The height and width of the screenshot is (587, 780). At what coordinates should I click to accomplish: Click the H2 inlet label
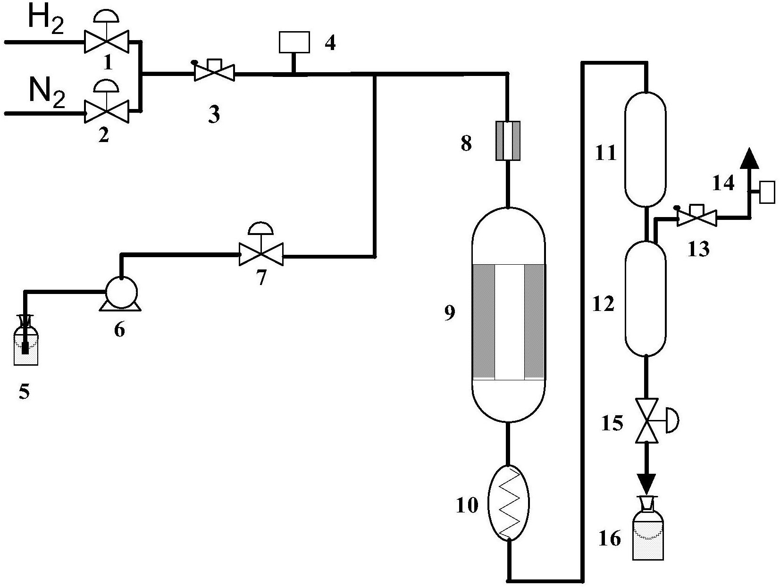46,20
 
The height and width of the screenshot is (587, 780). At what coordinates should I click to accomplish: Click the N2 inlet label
46,92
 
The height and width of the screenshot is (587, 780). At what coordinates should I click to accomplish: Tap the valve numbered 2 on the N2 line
106,112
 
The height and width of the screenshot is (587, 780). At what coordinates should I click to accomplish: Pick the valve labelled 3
215,74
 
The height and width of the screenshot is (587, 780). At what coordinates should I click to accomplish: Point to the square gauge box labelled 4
294,42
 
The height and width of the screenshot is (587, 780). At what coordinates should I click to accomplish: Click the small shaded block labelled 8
508,141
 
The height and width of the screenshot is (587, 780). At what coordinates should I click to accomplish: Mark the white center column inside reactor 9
510,321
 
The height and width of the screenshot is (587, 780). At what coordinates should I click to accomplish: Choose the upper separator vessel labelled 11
646,149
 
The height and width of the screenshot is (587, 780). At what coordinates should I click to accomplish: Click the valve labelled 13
696,218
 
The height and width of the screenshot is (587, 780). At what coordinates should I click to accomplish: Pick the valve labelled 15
646,420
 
